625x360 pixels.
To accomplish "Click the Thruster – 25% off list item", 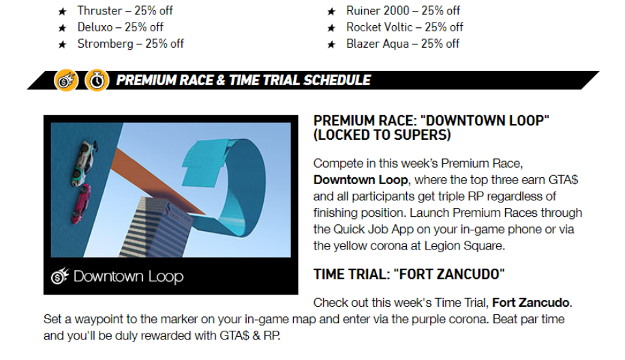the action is [x=125, y=11].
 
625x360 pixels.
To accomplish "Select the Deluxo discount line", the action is [x=120, y=27].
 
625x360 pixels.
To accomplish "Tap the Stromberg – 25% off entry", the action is [x=130, y=44].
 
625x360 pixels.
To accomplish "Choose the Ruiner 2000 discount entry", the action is [x=403, y=11].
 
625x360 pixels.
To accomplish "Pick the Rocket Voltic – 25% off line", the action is [x=405, y=27].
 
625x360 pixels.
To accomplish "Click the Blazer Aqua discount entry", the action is [x=403, y=44].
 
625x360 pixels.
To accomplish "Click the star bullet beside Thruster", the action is [x=62, y=12].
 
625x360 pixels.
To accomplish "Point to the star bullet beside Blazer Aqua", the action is [x=331, y=44].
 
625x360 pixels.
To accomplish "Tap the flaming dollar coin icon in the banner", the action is [x=65, y=80].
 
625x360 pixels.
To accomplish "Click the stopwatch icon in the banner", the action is [x=97, y=80].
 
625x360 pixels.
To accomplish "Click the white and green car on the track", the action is [x=85, y=163].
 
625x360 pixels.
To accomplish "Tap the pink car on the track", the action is [x=80, y=203].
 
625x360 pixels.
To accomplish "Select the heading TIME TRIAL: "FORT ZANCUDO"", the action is [x=409, y=274].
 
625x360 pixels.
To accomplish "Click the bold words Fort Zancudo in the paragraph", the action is [x=530, y=303].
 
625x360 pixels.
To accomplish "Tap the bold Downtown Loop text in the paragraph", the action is [x=361, y=180].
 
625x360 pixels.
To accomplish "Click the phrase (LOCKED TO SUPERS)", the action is [x=382, y=135].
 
